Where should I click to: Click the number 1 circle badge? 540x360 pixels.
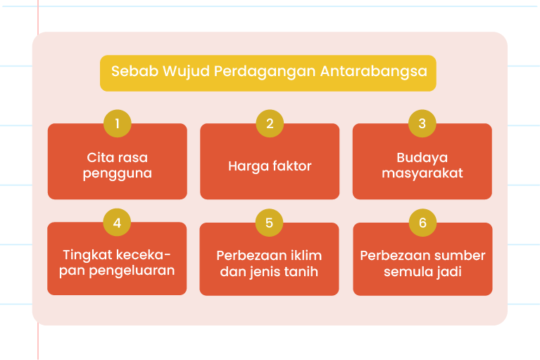coord(118,123)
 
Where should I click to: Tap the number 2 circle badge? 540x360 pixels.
coord(270,123)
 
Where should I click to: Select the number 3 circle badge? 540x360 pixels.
coord(422,123)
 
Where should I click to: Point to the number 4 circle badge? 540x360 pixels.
coord(117,222)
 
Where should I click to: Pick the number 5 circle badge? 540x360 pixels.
coord(270,223)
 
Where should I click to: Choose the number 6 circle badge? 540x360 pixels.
coord(422,223)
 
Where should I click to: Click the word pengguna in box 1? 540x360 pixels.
coord(118,174)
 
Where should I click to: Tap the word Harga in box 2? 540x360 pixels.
coord(248,167)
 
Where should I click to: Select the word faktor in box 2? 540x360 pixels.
coord(291,166)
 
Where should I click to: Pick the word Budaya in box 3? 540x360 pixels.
coord(422,159)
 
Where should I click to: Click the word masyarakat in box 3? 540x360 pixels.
coord(422,173)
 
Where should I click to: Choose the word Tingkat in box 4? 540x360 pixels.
coord(87,256)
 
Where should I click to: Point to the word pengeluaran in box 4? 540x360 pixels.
coord(132,271)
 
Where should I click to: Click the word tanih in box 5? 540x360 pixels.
coord(303,271)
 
